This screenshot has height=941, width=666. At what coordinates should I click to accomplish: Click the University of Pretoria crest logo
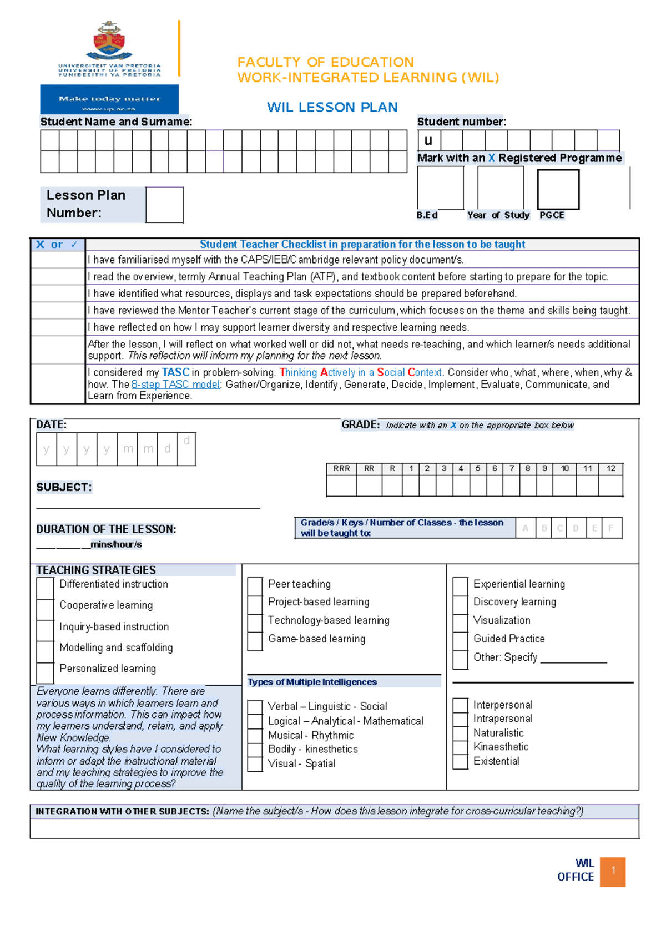(109, 41)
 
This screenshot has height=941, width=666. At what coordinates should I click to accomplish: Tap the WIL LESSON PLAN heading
(332, 107)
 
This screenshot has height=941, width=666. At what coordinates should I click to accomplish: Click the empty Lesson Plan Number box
(164, 205)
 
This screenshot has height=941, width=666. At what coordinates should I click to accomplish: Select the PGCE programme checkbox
(558, 190)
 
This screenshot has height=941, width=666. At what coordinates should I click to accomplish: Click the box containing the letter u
(428, 140)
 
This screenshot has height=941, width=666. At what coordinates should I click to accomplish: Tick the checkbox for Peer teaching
(255, 585)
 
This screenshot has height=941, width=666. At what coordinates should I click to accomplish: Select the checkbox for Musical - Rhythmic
(255, 736)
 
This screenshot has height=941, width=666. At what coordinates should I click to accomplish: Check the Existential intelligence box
(460, 761)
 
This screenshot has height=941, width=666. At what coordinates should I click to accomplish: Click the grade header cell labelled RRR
(341, 468)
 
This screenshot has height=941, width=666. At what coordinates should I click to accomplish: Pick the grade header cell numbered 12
(610, 468)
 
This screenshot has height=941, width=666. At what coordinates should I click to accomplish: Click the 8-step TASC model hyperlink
(175, 385)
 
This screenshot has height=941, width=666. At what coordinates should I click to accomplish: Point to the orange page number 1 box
(613, 871)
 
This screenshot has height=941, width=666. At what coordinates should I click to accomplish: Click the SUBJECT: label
(64, 487)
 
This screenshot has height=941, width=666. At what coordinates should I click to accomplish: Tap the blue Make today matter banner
(109, 99)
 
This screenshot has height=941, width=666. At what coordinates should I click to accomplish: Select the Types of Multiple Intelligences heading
(312, 682)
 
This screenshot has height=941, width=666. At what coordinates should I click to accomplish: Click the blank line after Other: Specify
(573, 659)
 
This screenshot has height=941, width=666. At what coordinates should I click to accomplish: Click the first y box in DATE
(46, 449)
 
